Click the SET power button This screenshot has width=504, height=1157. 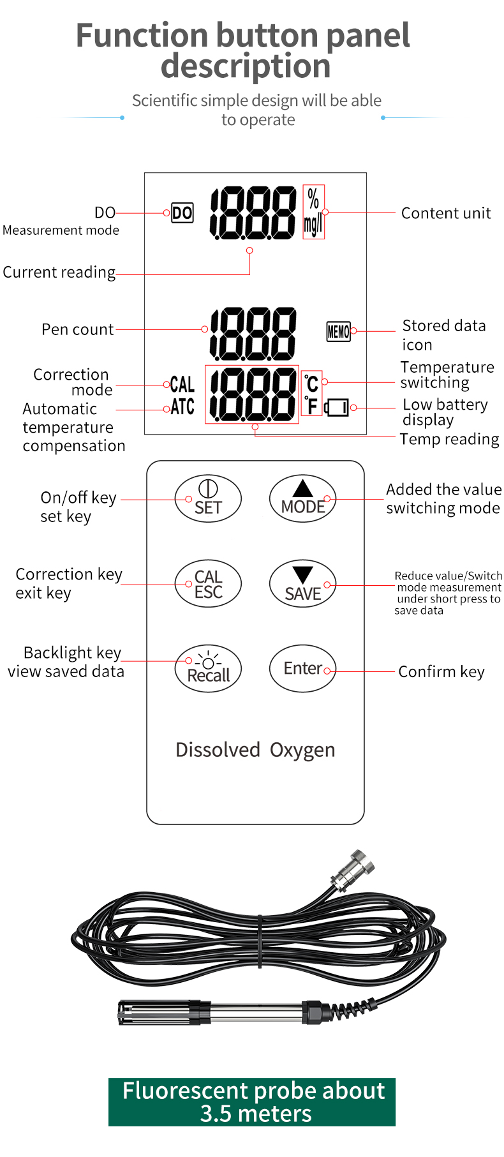point(208,498)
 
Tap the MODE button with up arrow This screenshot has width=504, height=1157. point(302,498)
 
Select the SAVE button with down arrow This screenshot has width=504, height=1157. point(302,583)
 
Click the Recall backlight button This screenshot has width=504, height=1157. point(208,668)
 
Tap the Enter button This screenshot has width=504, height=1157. point(302,668)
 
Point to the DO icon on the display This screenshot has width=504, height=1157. point(182,213)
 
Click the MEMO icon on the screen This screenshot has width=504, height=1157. point(338,331)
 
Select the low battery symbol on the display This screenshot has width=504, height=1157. point(337,407)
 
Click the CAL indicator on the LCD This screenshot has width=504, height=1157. point(182,384)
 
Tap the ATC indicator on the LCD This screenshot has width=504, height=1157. point(182,407)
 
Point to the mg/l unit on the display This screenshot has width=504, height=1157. point(313,225)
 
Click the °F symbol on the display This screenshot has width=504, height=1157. point(311,405)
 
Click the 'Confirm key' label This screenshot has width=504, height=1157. point(441,672)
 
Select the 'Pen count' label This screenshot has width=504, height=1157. point(77,329)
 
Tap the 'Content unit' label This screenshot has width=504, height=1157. point(446,213)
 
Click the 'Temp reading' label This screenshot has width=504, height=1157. point(449,440)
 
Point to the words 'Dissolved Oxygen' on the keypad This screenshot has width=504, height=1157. point(255,750)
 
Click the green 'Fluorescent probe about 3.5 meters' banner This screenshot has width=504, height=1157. point(252,1102)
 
